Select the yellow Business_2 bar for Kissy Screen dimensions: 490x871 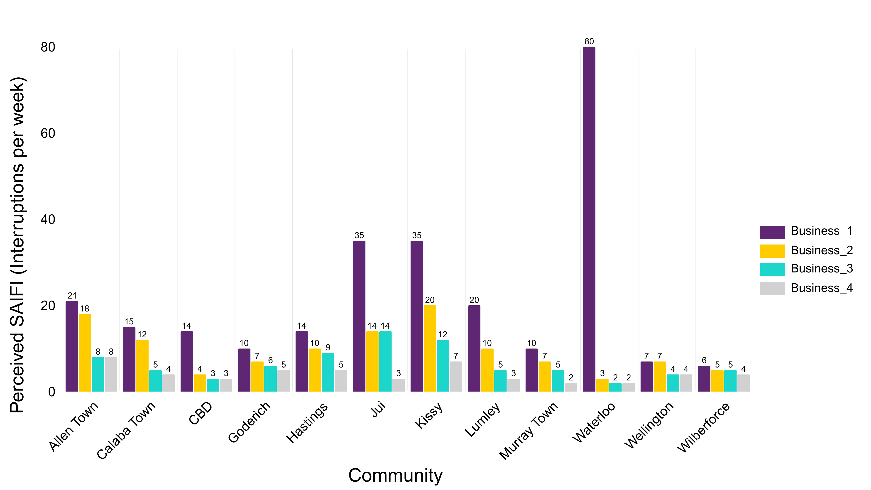pyautogui.click(x=430, y=348)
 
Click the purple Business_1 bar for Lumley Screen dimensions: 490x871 pyautogui.click(x=474, y=348)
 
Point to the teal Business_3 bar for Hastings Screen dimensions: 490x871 pyautogui.click(x=328, y=372)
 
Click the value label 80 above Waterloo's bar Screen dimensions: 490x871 pyautogui.click(x=589, y=41)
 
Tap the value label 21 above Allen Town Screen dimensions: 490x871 pyautogui.click(x=72, y=296)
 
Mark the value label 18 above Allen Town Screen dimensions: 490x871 pyautogui.click(x=85, y=309)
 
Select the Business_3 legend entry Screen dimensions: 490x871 pyautogui.click(x=821, y=269)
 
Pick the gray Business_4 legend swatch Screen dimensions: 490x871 pyautogui.click(x=772, y=288)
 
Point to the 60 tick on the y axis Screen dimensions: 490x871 pyautogui.click(x=48, y=133)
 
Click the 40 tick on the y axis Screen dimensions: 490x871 pyautogui.click(x=48, y=219)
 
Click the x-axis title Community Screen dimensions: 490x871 pyautogui.click(x=395, y=475)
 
